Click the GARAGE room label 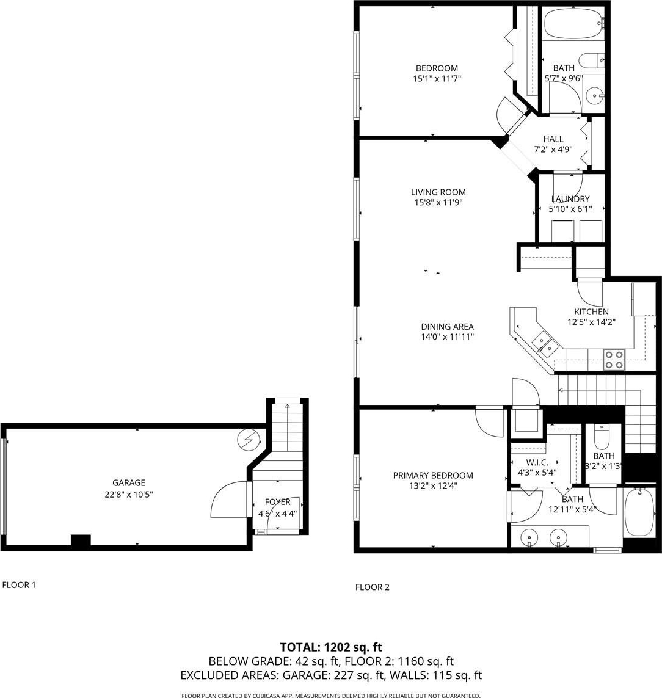click(129, 482)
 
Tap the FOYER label click(278, 502)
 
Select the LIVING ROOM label click(438, 192)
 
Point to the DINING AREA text click(447, 326)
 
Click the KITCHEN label click(591, 311)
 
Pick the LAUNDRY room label click(570, 198)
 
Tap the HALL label click(553, 139)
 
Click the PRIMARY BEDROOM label click(433, 475)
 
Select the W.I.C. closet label click(537, 462)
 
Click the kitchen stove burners click(614, 360)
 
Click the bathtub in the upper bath click(574, 23)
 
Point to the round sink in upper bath click(594, 95)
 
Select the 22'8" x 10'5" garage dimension click(129, 494)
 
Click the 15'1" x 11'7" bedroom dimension click(437, 79)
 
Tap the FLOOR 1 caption click(19, 585)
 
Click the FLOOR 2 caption click(372, 587)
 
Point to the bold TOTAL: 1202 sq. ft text click(331, 647)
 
